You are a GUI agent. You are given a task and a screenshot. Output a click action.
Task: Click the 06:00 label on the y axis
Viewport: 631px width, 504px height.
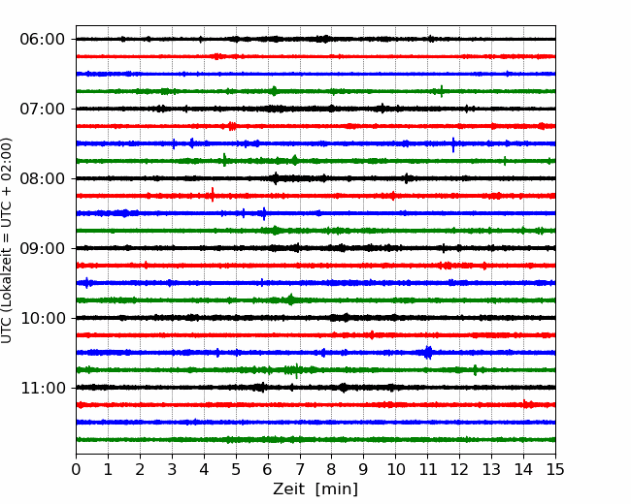tap(42, 39)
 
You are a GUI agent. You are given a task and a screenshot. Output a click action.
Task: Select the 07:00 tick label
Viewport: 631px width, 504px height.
tap(42, 109)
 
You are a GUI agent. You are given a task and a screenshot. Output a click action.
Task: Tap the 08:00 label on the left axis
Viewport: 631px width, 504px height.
tap(42, 178)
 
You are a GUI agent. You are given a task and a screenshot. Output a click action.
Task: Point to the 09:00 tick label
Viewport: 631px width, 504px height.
tap(42, 248)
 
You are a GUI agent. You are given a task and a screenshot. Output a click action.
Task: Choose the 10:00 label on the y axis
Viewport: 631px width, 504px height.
tap(42, 318)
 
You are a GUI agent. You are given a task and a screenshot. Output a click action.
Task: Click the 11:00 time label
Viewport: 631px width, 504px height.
tap(42, 388)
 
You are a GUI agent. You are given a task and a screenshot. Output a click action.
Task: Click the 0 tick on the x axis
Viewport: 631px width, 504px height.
tap(77, 470)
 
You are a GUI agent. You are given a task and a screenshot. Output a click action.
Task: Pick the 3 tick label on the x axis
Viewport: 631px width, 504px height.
tap(172, 470)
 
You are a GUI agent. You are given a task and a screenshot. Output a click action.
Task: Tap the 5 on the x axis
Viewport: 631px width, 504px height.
tap(236, 470)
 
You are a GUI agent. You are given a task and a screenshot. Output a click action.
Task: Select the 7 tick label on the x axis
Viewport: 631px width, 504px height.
tap(300, 470)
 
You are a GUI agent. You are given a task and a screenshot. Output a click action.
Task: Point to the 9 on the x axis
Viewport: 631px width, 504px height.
tap(364, 470)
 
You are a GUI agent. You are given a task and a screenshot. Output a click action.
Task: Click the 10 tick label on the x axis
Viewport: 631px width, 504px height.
tap(395, 470)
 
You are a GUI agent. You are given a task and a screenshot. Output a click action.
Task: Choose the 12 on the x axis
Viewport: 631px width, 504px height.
tap(459, 470)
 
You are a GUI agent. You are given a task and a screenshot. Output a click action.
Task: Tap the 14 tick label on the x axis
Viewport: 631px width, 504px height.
tap(523, 470)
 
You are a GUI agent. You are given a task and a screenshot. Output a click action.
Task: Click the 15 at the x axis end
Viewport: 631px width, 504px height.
tap(555, 470)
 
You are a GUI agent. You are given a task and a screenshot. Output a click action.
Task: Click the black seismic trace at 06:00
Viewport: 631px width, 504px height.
tap(291, 39)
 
